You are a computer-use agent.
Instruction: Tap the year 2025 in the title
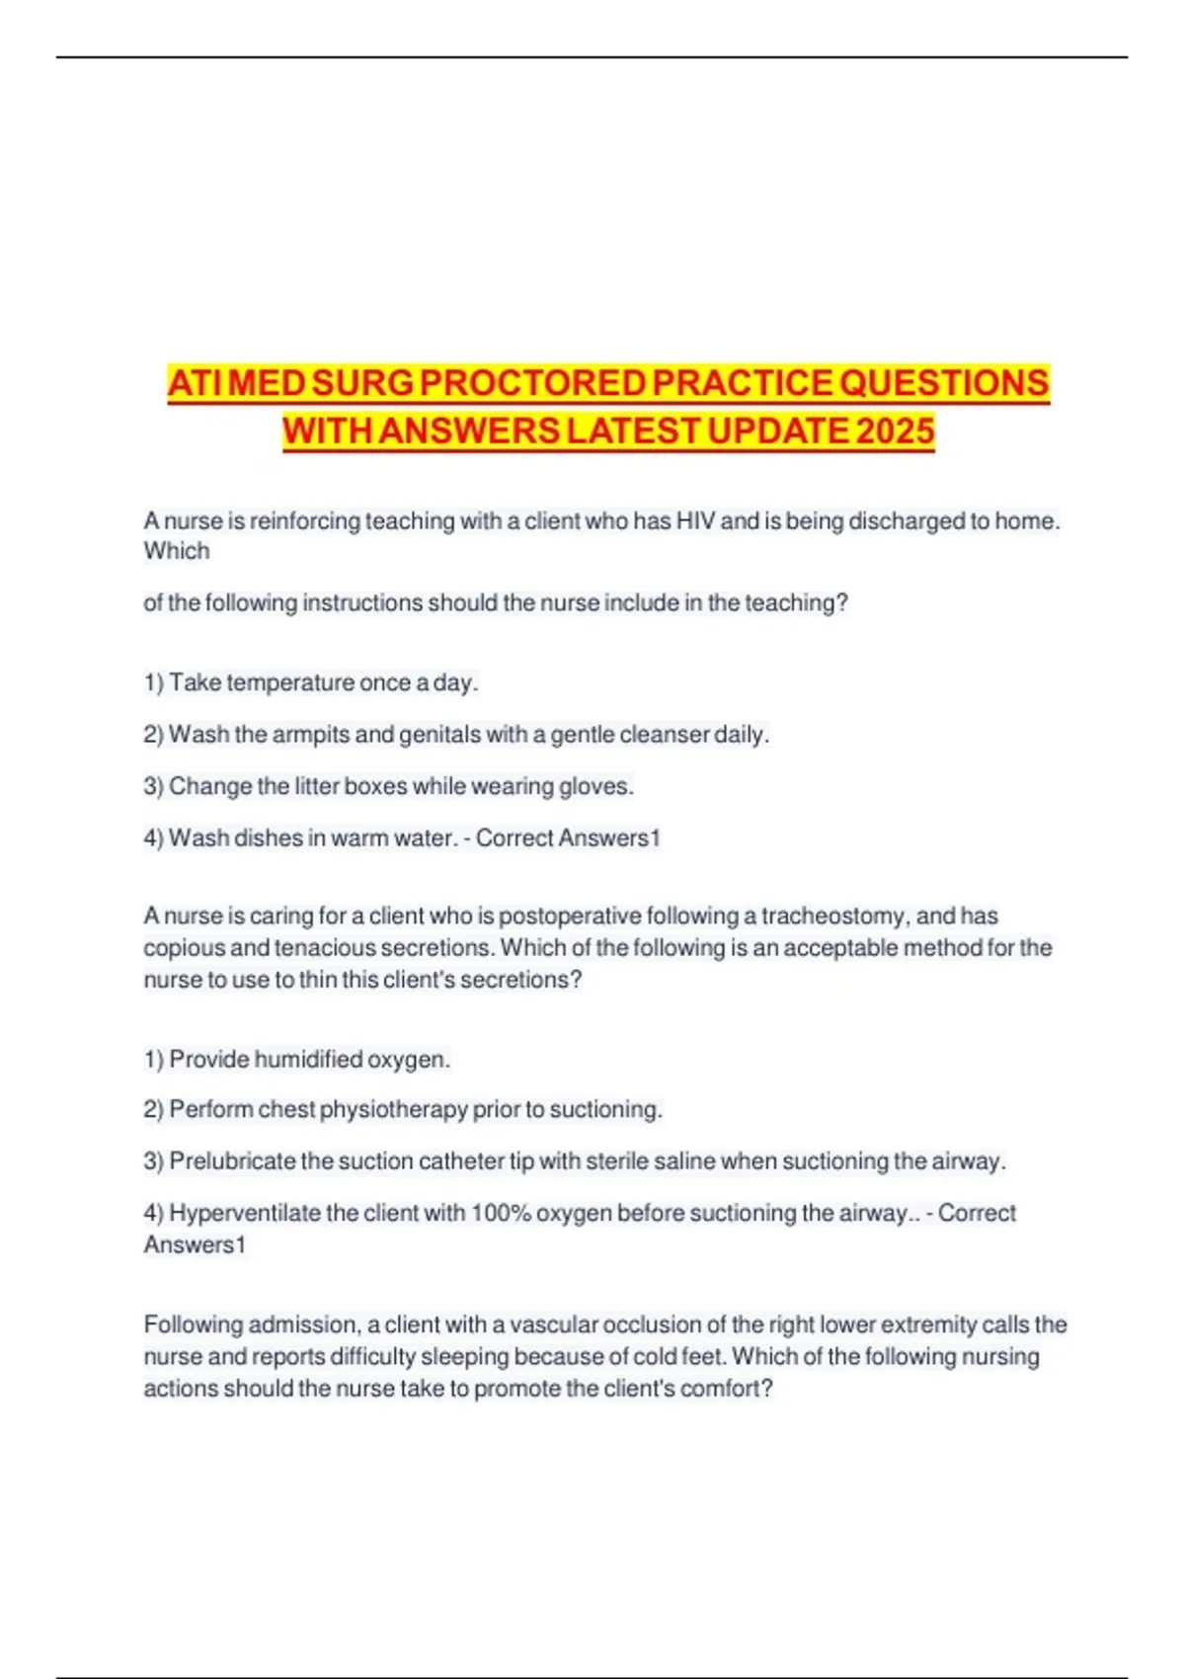(x=895, y=432)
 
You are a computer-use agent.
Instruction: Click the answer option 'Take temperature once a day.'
(x=311, y=682)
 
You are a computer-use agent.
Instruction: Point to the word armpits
(x=310, y=735)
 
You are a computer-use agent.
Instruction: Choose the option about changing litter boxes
(x=388, y=786)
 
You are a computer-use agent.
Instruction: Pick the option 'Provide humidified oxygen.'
(x=297, y=1059)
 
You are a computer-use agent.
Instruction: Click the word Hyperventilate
(x=245, y=1212)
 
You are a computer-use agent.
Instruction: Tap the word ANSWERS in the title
(x=469, y=432)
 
